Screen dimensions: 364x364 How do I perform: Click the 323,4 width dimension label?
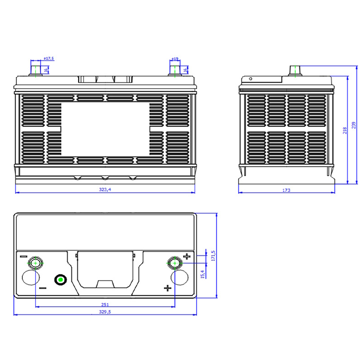click(105, 190)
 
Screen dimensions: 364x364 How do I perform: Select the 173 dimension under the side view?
click(286, 190)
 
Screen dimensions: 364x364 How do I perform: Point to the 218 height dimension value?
click(345, 130)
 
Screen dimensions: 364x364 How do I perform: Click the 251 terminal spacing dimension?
click(105, 304)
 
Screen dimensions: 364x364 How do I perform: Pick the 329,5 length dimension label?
click(105, 312)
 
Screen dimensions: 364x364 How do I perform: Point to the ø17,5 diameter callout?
click(49, 59)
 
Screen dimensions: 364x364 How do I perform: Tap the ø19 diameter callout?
click(175, 59)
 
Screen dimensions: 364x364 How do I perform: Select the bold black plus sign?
click(167, 288)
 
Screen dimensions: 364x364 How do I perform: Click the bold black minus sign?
click(43, 288)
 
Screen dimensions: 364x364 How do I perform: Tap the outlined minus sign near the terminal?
click(24, 256)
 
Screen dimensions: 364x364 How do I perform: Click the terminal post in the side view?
click(295, 71)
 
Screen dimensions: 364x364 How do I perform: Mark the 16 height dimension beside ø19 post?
click(185, 70)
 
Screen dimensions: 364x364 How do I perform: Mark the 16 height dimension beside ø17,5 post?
click(46, 70)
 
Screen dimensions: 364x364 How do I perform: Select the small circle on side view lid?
click(250, 79)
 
